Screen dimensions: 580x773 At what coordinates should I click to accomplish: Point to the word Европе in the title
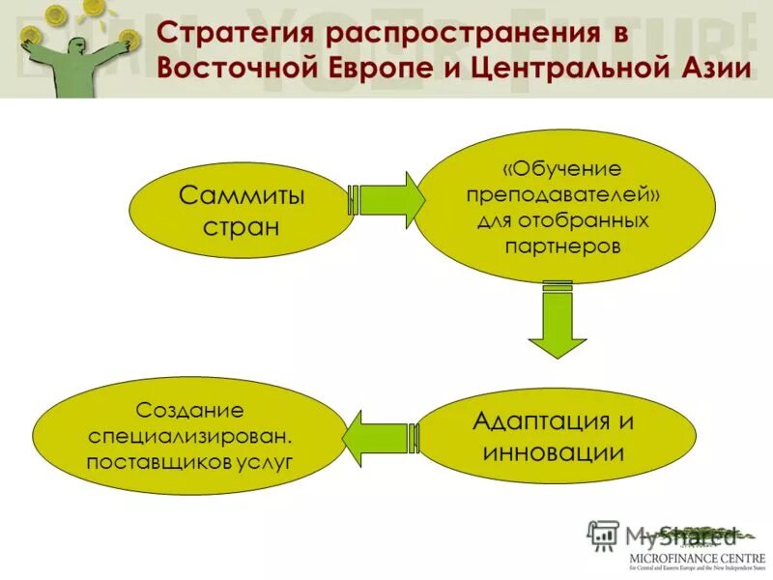tap(372, 70)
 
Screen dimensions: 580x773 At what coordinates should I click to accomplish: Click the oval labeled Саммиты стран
tap(242, 212)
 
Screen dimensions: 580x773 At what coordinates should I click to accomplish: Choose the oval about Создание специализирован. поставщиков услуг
tap(189, 436)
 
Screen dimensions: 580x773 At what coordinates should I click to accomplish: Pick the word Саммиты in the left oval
tap(242, 196)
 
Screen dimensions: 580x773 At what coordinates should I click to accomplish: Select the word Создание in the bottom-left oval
tap(189, 411)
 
